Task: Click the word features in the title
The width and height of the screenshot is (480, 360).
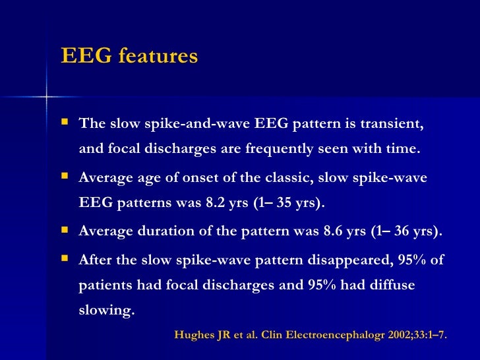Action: [x=158, y=57]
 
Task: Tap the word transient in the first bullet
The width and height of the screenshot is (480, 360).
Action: [x=389, y=124]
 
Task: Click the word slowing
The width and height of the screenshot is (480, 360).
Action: [x=106, y=309]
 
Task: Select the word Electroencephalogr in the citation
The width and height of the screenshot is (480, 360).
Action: [x=328, y=334]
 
